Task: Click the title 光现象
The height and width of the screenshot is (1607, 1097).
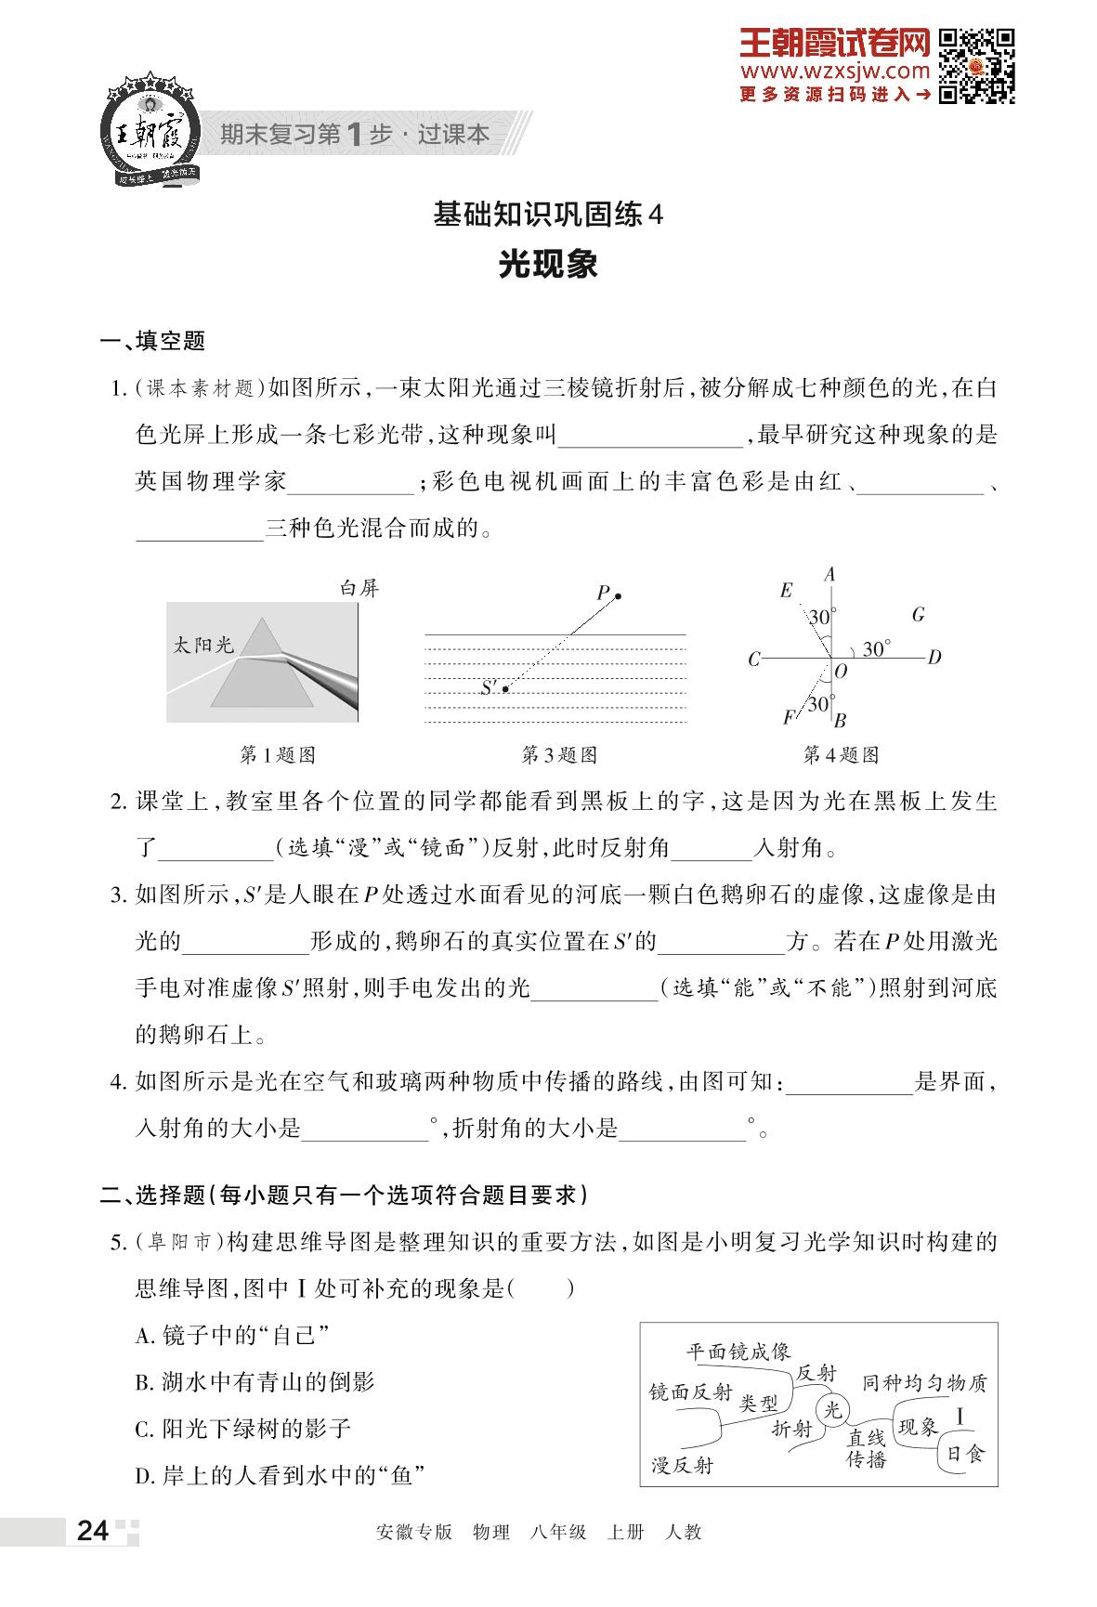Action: pos(548,265)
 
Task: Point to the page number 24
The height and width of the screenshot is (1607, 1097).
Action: pos(93,1531)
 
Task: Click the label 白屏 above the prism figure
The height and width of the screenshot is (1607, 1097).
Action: pos(359,588)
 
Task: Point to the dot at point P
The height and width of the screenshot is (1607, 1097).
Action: pos(618,595)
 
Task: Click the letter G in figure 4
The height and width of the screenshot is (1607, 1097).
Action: pos(918,614)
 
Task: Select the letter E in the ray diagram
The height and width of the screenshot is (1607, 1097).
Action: pos(786,590)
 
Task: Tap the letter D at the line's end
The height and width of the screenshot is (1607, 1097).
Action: pos(934,658)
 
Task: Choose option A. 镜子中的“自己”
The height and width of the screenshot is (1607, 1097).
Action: pos(232,1336)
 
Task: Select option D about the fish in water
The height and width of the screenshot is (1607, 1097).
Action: pos(280,1474)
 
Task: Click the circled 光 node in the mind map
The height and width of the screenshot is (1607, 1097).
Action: pos(833,1410)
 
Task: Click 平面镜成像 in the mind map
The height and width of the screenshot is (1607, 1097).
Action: pos(738,1351)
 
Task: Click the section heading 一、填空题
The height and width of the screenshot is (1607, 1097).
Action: pos(152,341)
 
